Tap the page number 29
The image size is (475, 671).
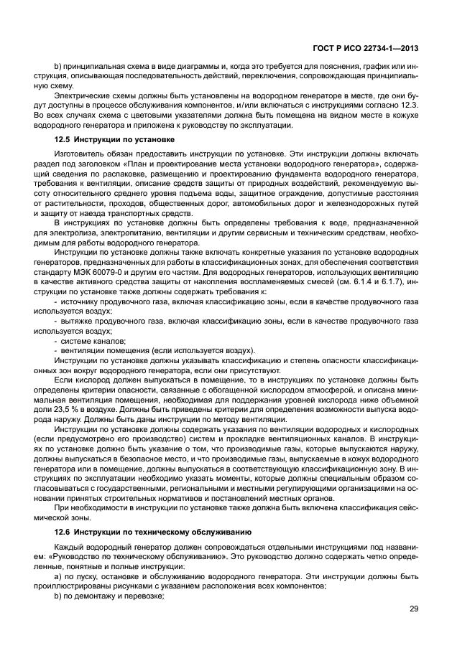click(x=414, y=609)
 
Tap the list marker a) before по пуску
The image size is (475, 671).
click(x=58, y=576)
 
